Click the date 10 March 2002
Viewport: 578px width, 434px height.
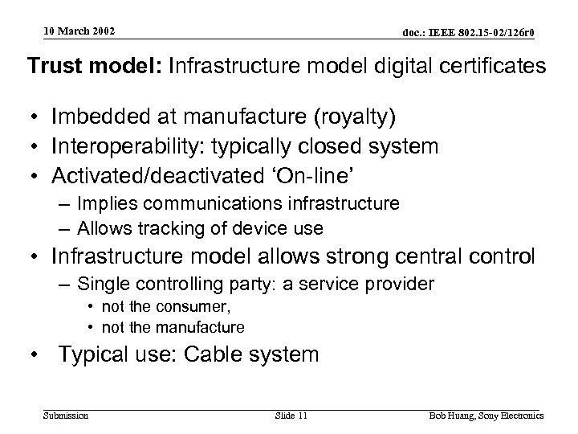(79, 31)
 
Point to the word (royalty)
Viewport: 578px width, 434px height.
(350, 118)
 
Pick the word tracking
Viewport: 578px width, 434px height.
(166, 229)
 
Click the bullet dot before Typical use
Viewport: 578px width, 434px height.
(35, 355)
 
